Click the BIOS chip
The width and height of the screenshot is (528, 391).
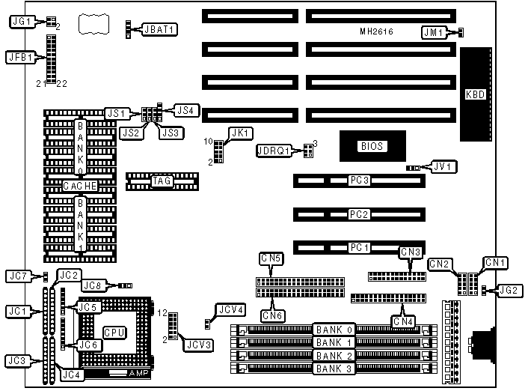pos(372,146)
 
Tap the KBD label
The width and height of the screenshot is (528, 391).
pos(475,95)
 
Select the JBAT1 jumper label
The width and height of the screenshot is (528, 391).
pos(159,29)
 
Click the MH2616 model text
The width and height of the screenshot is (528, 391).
pos(376,32)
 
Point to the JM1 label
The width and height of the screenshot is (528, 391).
pos(434,32)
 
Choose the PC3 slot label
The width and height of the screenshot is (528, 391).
pos(360,181)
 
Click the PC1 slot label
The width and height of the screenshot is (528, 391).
pos(360,247)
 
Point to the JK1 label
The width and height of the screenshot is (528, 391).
pos(241,133)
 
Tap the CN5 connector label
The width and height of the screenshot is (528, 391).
pos(271,259)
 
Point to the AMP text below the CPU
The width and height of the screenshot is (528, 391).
pos(138,372)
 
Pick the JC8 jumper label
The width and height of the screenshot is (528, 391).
pos(93,285)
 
